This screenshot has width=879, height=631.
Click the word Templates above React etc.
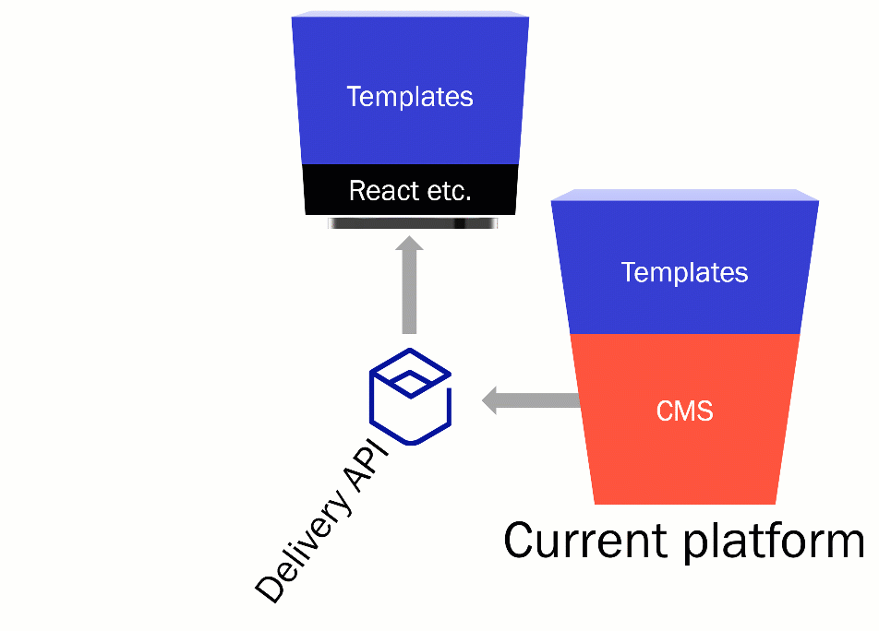tap(410, 97)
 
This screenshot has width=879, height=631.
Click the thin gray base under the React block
tap(411, 222)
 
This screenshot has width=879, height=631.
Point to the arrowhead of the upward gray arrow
tap(409, 244)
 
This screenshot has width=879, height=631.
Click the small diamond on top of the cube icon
tap(410, 373)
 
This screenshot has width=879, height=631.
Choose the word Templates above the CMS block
tap(684, 272)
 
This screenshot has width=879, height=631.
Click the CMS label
tap(684, 411)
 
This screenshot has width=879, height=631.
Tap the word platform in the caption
tap(773, 542)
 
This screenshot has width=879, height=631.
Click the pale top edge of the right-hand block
tap(684, 195)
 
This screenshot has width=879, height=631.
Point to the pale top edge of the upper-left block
tap(410, 14)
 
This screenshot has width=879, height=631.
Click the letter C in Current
tap(522, 541)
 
